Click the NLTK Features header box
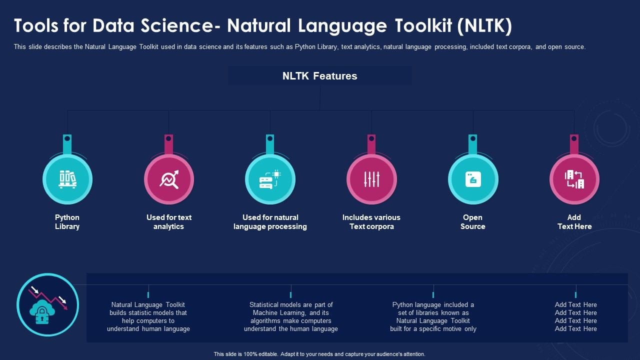click(x=320, y=76)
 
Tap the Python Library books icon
click(x=67, y=179)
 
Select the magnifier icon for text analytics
click(x=169, y=179)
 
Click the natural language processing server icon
click(x=270, y=179)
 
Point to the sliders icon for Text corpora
click(x=371, y=179)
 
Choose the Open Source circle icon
click(x=473, y=179)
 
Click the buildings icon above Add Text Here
click(x=574, y=179)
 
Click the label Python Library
click(x=67, y=222)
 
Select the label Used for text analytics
click(x=169, y=222)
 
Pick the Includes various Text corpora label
click(x=371, y=222)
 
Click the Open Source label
click(x=473, y=222)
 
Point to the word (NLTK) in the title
click(x=484, y=26)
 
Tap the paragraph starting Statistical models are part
click(x=291, y=316)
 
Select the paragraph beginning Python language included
click(x=433, y=316)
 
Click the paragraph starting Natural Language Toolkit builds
click(x=148, y=316)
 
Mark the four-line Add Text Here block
click(x=575, y=316)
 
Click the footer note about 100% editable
click(x=319, y=354)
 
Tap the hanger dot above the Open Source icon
click(x=473, y=138)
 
